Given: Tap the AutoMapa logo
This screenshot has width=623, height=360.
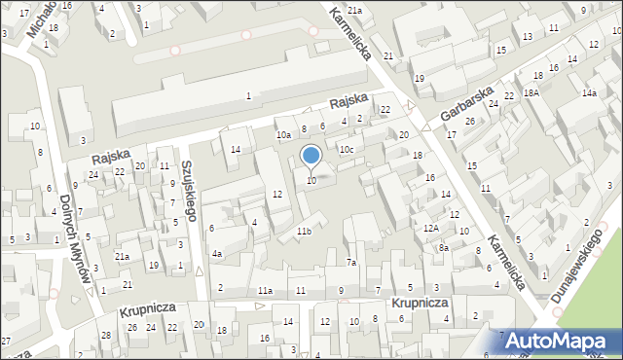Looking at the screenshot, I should click(563, 341).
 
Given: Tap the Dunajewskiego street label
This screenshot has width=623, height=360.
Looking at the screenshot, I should click(576, 265).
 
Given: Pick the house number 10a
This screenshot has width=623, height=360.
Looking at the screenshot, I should click(283, 135).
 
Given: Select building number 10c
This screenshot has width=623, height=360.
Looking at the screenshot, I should click(346, 149).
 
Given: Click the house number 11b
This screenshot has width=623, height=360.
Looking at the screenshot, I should click(304, 231).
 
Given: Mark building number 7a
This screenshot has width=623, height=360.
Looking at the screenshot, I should click(352, 263).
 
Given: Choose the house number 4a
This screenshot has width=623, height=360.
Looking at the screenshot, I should click(218, 254).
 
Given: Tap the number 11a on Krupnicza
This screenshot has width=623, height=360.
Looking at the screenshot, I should click(265, 291).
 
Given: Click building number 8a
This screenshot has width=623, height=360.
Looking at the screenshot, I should click(443, 248).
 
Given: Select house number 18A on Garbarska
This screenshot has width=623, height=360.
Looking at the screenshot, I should click(531, 93).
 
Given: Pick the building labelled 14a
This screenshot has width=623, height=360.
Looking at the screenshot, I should click(589, 93).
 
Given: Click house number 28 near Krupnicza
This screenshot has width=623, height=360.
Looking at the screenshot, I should click(106, 335).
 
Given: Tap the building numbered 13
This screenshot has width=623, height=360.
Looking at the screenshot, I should click(527, 36).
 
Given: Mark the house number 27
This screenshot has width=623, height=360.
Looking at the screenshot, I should click(6, 341).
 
